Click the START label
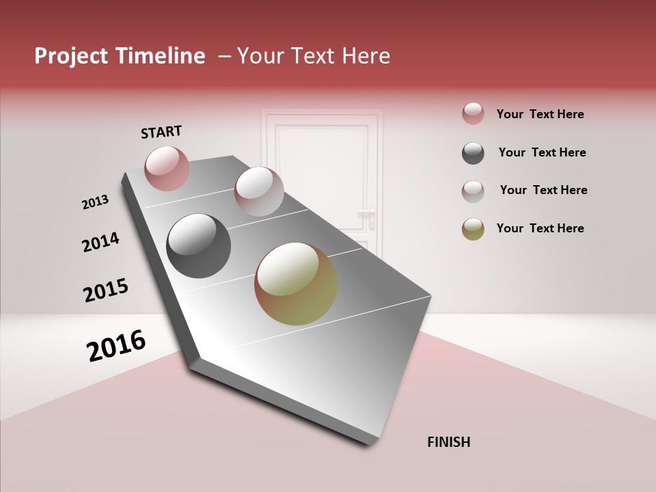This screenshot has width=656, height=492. (161, 132)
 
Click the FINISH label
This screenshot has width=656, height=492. (448, 442)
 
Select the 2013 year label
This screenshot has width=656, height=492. (95, 202)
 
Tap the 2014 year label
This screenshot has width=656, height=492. (100, 242)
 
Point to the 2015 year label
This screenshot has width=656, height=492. (105, 290)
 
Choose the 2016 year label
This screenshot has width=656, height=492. (116, 346)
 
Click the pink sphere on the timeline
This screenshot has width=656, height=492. (167, 168)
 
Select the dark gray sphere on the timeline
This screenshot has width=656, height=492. (198, 246)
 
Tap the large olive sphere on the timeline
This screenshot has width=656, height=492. (296, 284)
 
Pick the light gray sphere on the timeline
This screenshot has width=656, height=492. (259, 191)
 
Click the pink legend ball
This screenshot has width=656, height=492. (473, 114)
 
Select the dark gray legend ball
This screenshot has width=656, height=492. (473, 153)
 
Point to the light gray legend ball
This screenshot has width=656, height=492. (473, 191)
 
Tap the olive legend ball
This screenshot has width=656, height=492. (473, 229)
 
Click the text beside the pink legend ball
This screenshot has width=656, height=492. (540, 114)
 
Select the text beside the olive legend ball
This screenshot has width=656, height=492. (540, 228)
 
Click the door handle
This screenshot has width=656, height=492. (370, 217)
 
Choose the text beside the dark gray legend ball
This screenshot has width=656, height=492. (542, 152)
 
